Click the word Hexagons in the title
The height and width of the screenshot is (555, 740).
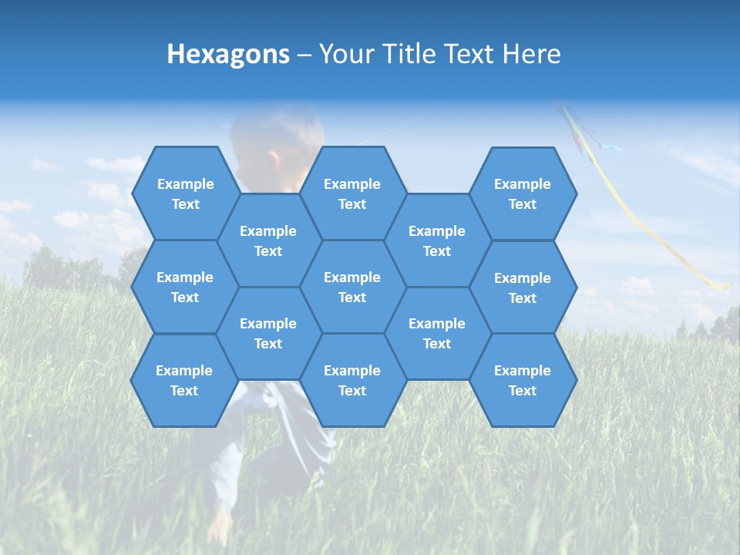[x=228, y=54]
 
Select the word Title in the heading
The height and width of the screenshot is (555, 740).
[x=408, y=54]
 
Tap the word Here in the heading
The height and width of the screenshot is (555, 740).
[x=531, y=54]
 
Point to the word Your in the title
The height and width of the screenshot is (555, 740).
[x=345, y=54]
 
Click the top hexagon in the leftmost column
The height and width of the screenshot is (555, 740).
[x=185, y=193]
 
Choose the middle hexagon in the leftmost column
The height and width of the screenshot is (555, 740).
[x=185, y=287]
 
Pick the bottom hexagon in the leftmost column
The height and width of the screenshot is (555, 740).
[x=184, y=380]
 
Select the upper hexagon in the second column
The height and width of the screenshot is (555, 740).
[x=268, y=240]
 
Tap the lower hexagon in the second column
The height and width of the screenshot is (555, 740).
[x=268, y=333]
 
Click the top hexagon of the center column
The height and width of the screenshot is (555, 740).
[x=352, y=193]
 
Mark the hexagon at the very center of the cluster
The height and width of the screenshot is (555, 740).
[x=352, y=287]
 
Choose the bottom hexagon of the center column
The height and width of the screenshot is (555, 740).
[x=352, y=380]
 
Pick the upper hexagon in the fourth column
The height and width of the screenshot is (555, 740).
[x=437, y=240]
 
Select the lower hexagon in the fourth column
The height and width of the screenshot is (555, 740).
[x=437, y=333]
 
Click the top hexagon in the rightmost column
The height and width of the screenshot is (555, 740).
[x=523, y=193]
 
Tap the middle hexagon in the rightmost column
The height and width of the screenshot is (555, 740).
[x=523, y=288]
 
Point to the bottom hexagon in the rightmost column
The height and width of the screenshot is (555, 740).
[x=523, y=380]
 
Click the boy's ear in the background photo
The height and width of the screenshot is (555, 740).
[x=274, y=160]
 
